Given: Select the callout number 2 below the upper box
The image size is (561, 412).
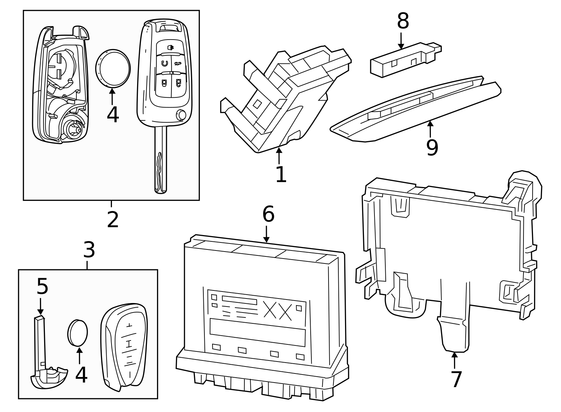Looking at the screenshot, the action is click(113, 220).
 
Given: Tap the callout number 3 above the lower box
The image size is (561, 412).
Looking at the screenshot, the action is click(89, 249).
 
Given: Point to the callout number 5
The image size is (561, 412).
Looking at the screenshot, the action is click(42, 286).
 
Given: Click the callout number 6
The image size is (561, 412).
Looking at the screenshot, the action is click(269, 214).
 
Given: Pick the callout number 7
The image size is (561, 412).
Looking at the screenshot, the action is click(456, 379).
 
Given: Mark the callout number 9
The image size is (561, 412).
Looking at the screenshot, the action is click(432, 148).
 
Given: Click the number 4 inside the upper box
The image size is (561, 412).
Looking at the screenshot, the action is click(113, 115).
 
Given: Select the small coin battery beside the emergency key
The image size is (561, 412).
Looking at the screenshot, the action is click(77, 333).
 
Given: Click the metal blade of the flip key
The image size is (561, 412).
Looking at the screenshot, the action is click(161, 160).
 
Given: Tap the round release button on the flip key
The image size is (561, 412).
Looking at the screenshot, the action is click(181, 115).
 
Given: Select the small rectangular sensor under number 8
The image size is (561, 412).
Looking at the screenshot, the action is click(406, 60).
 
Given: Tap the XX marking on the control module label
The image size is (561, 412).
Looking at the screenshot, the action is click(278, 311).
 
